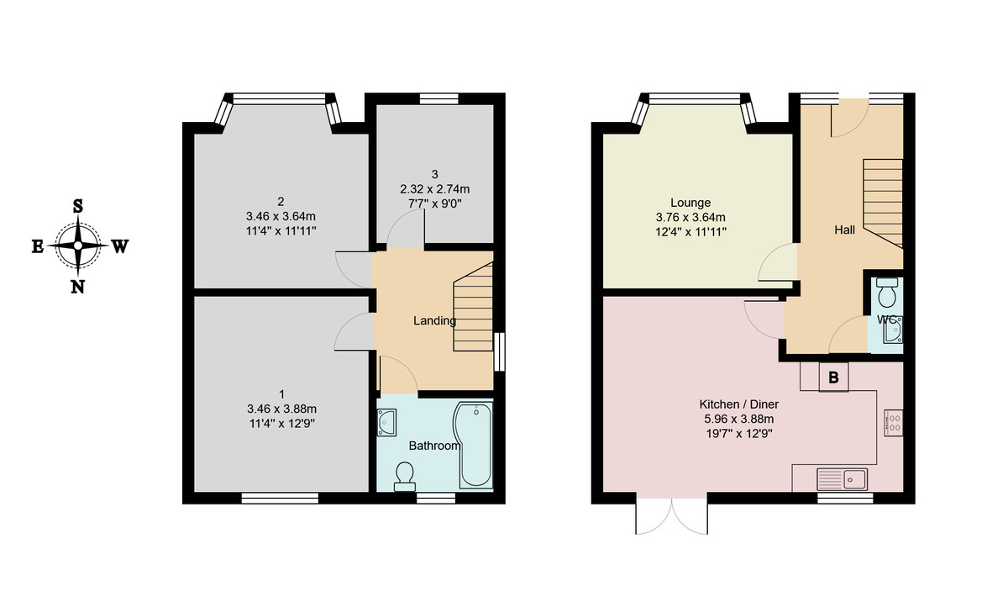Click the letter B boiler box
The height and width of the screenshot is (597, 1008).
coord(833,378)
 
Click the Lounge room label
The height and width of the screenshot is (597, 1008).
coord(690,203)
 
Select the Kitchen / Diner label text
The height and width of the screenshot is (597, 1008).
coord(738,404)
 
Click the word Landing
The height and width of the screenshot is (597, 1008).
coord(434,320)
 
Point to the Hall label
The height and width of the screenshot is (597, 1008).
coord(844,230)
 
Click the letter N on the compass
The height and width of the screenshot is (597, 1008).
coord(78,287)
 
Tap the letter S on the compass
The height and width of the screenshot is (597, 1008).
coord(78,206)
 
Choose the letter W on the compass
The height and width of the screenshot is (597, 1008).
coord(120,246)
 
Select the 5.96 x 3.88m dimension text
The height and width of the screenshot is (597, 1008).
coord(738,419)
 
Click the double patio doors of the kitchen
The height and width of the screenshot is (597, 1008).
coord(671,515)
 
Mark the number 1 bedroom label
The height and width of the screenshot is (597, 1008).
coord(281,394)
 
